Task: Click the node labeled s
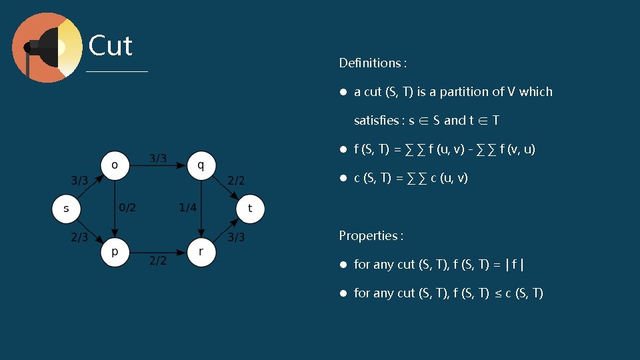pyautogui.click(x=66, y=209)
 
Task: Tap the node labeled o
pyautogui.click(x=115, y=164)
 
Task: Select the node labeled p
pyautogui.click(x=115, y=253)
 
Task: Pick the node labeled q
pyautogui.click(x=201, y=164)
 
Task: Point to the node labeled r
pyautogui.click(x=201, y=253)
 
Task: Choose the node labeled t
pyautogui.click(x=250, y=209)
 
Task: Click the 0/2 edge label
pyautogui.click(x=127, y=207)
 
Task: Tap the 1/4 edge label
pyautogui.click(x=187, y=207)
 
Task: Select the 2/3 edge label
pyautogui.click(x=79, y=237)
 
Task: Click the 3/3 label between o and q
pyautogui.click(x=158, y=159)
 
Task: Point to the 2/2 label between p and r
pyautogui.click(x=158, y=261)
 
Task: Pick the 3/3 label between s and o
pyautogui.click(x=79, y=180)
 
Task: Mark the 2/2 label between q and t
pyautogui.click(x=237, y=180)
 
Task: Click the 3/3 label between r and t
pyautogui.click(x=237, y=237)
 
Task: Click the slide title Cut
pyautogui.click(x=111, y=46)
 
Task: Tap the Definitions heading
pyautogui.click(x=373, y=63)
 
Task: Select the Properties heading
pyautogui.click(x=371, y=235)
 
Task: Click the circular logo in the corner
pyautogui.click(x=47, y=47)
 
